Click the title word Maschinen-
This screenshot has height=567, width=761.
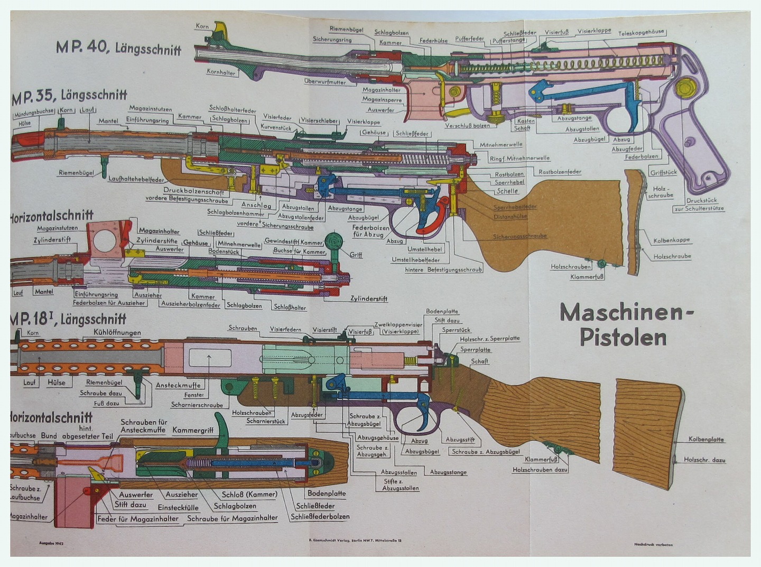point(626,313)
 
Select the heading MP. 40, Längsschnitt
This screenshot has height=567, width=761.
point(118,48)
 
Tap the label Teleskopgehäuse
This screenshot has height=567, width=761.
point(641,32)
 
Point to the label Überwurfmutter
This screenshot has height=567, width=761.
point(325,82)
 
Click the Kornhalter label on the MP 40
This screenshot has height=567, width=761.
point(221,72)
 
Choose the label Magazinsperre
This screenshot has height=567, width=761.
point(382,99)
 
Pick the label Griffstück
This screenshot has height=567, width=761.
point(663,172)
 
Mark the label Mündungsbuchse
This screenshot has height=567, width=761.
point(33,111)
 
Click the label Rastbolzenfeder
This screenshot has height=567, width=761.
point(560,172)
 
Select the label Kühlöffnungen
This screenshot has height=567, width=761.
point(117,332)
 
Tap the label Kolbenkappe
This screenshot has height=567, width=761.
point(672,240)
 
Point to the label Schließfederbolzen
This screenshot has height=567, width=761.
point(320,516)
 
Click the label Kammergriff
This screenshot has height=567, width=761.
point(193,430)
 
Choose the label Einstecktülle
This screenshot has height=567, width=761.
point(178,507)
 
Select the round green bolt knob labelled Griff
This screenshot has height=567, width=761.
point(333,241)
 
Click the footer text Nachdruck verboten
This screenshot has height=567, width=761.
point(653,544)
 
